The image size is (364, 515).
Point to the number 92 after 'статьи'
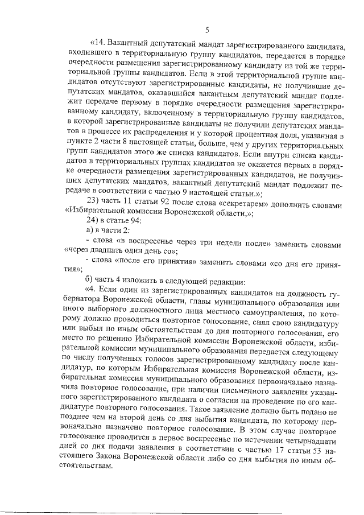click(x=161, y=204)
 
